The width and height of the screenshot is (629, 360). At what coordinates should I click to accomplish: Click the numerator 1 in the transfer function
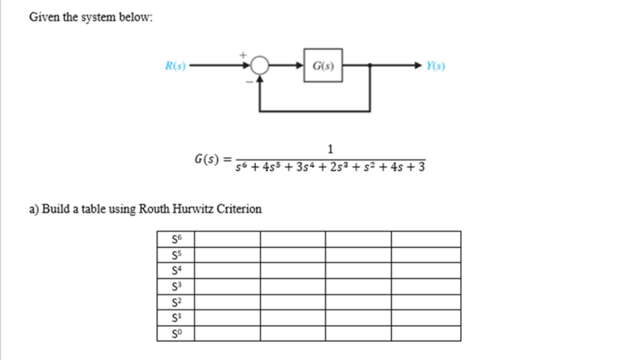click(x=330, y=149)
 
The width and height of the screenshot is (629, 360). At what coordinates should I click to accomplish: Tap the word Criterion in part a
click(x=238, y=209)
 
